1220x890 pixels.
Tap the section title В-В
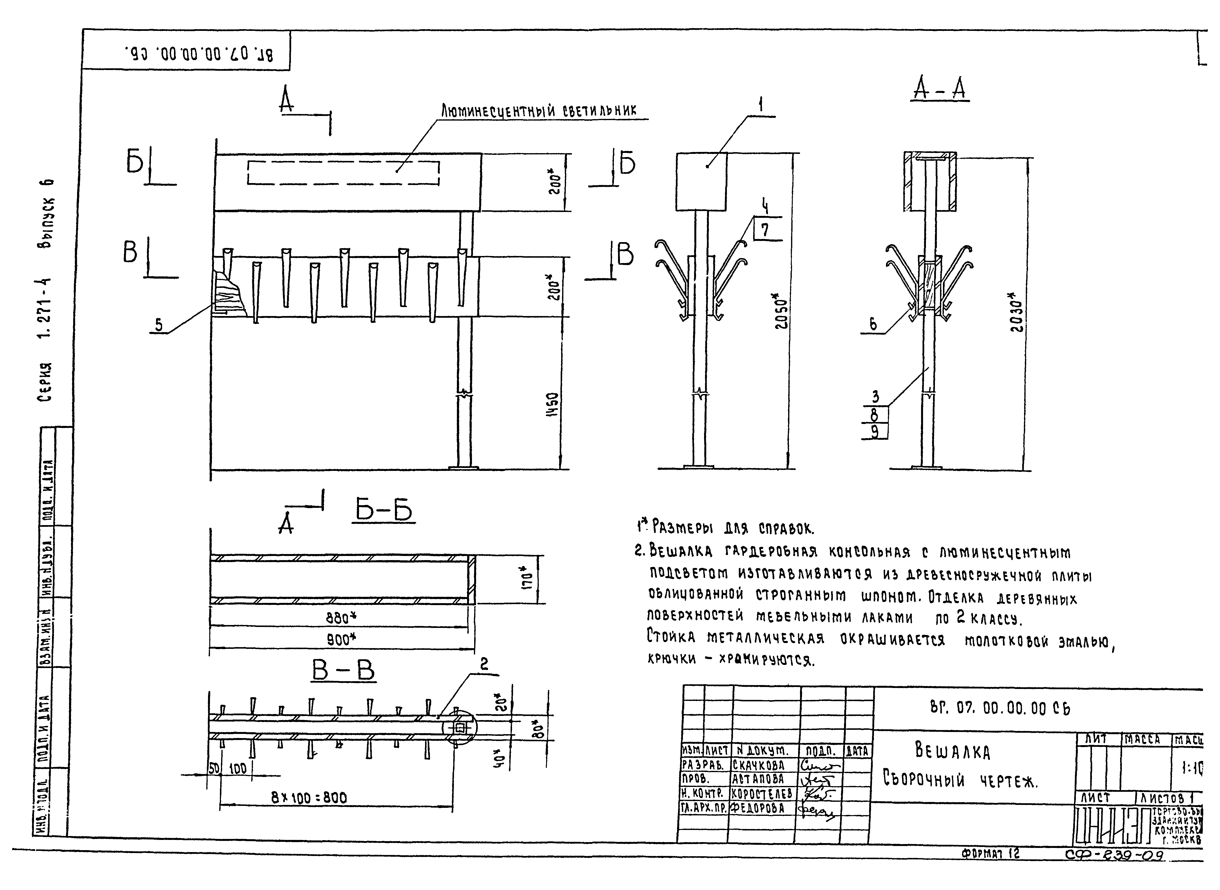[x=343, y=671]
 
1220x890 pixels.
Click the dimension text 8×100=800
[x=309, y=797]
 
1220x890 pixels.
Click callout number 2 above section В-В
[x=484, y=665]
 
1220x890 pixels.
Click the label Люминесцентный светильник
[x=539, y=111]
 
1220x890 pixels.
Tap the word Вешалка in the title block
[x=952, y=750]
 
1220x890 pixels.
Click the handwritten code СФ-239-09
[x=1114, y=855]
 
